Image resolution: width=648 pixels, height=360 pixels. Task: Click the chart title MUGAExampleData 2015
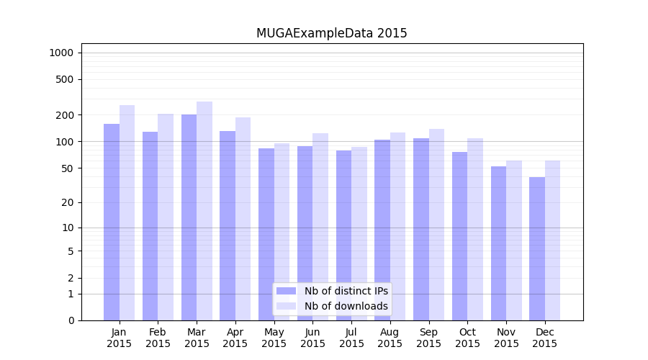pos(331,33)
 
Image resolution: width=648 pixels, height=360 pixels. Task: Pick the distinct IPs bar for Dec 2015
pos(537,248)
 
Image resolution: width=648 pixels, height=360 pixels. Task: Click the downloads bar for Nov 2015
pos(514,240)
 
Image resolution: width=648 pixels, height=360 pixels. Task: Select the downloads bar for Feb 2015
pos(166,217)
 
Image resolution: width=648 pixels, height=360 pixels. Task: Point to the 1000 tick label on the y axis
pos(61,53)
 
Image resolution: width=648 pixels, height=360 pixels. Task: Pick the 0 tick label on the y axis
pos(71,320)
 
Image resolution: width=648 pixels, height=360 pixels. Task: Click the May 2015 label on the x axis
pos(274,338)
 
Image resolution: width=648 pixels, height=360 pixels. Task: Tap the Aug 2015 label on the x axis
pos(390,338)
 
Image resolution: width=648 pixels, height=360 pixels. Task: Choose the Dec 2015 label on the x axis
pos(545,338)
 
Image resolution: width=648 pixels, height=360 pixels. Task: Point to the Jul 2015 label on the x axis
pos(351,338)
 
